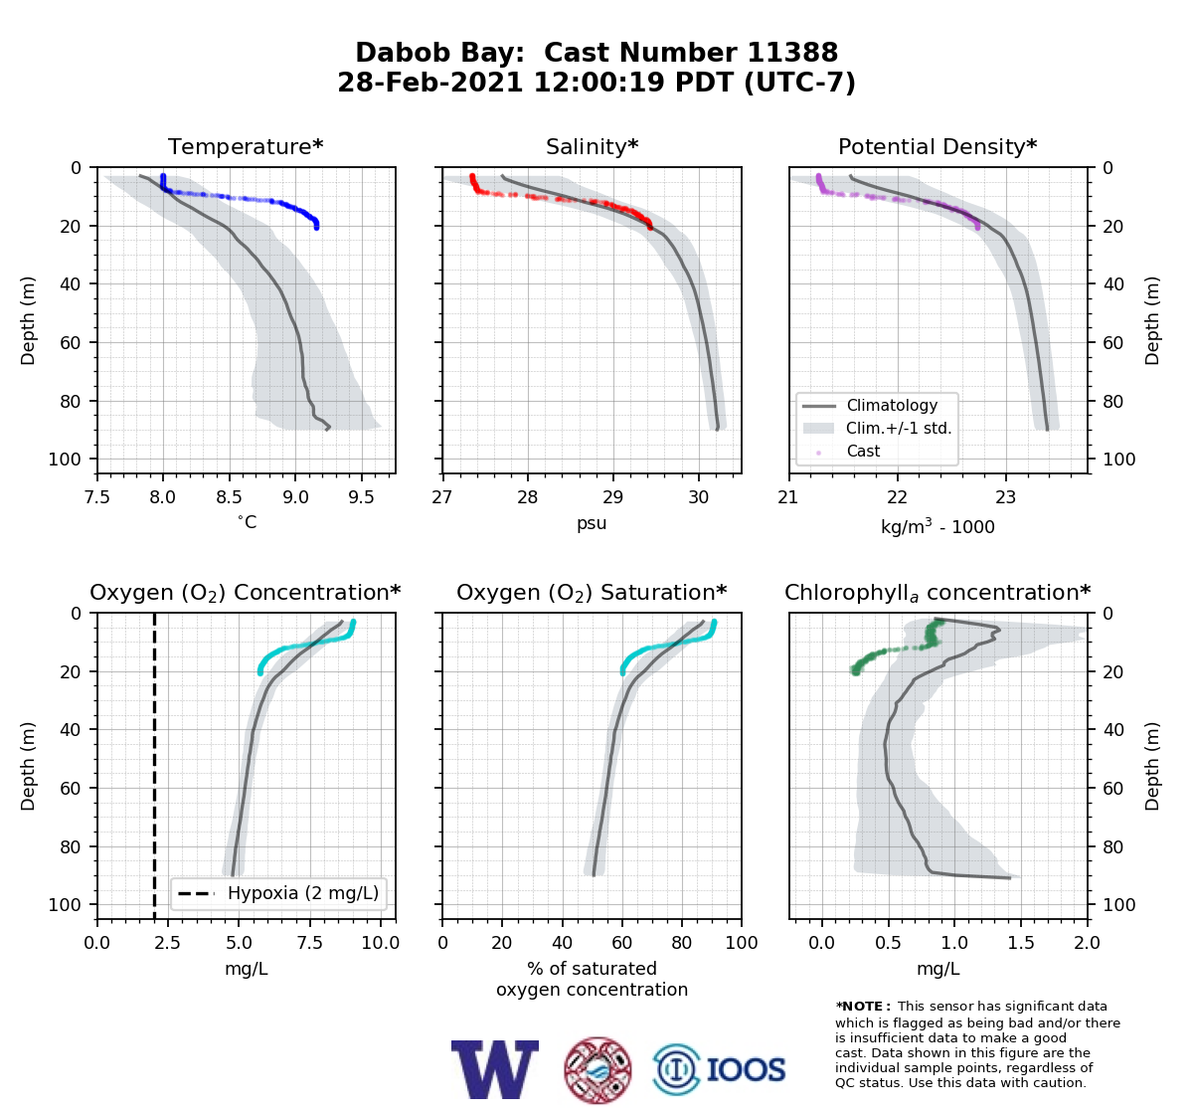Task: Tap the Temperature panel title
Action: tap(246, 146)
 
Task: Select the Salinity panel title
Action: tap(592, 146)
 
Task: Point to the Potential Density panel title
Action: tap(937, 146)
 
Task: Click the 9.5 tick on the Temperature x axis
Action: tap(361, 497)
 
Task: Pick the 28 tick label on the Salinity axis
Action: tap(528, 497)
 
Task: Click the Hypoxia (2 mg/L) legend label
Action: tap(303, 893)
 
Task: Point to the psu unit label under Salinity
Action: tap(592, 523)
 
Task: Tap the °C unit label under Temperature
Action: tap(247, 522)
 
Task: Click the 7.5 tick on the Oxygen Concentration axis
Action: tap(309, 943)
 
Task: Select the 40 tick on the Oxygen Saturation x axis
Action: tap(563, 943)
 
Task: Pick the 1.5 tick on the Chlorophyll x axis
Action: tap(1021, 943)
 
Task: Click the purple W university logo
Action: tap(494, 1070)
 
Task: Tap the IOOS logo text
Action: tap(746, 1070)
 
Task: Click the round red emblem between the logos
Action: tap(597, 1070)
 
